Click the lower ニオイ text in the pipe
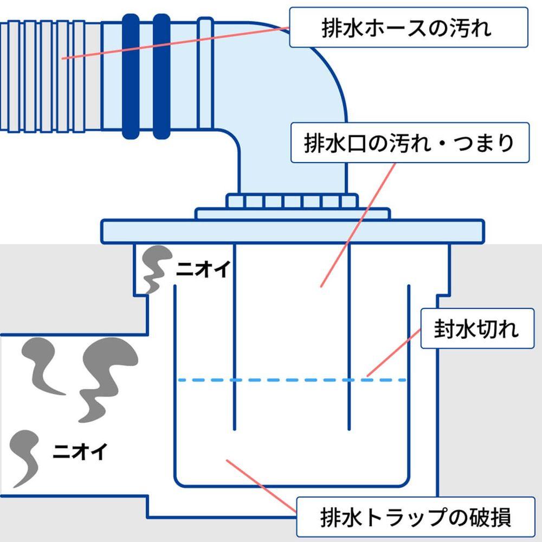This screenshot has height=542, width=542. (x=80, y=450)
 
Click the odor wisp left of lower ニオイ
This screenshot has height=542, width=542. (x=24, y=455)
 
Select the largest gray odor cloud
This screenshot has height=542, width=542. (x=103, y=374)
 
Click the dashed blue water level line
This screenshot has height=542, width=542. (x=293, y=380)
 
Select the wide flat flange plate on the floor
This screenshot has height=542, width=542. (x=293, y=231)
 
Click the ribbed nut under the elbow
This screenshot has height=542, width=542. (x=293, y=202)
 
